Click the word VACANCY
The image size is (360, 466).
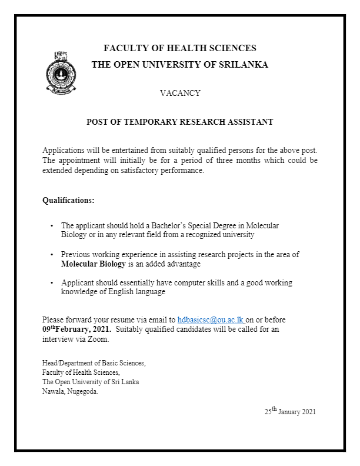[180, 93]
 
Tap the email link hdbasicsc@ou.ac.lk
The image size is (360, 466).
[211, 319]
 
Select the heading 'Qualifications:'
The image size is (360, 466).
[68, 201]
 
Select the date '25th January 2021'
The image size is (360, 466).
[289, 412]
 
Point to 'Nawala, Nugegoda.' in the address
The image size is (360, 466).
[70, 391]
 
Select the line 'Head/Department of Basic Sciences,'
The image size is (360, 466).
[94, 363]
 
